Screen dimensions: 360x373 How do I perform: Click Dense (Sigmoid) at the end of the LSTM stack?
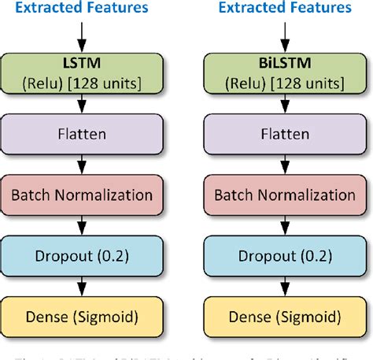coord(81,317)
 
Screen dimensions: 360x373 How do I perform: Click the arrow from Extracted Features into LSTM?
coord(81,35)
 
